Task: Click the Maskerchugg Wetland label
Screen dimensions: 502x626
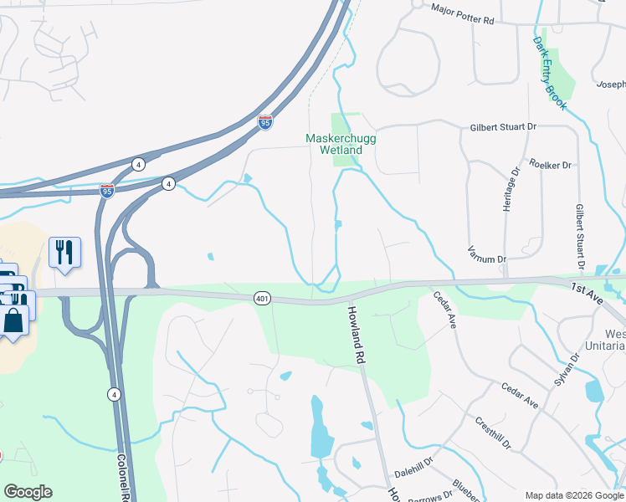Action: coord(333,144)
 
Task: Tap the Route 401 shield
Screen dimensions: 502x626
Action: coord(261,298)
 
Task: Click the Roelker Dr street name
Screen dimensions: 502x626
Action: coord(549,165)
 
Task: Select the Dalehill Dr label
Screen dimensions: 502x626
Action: coord(413,472)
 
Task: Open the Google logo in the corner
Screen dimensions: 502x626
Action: coord(28,492)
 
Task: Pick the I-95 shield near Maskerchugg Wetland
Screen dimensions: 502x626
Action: coord(264,123)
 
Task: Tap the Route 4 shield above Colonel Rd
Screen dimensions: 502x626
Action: coord(114,394)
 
